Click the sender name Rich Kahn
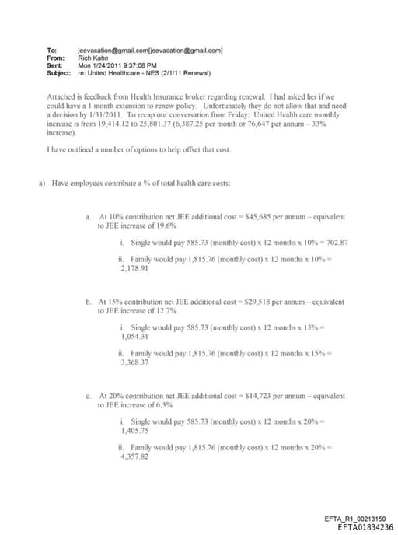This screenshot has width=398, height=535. coord(93,56)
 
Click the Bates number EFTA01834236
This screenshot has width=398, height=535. coord(360,526)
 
